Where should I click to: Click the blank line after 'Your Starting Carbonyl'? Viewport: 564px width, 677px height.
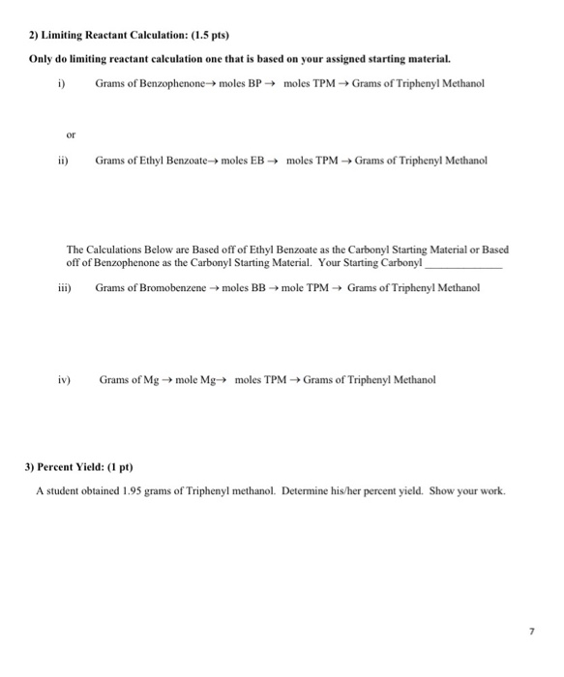pos(464,263)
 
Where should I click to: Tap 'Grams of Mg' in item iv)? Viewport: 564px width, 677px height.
pos(128,380)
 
